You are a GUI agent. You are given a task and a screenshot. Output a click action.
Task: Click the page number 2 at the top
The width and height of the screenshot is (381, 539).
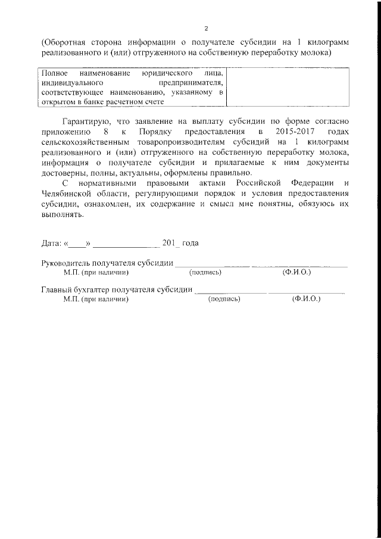[206, 29]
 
